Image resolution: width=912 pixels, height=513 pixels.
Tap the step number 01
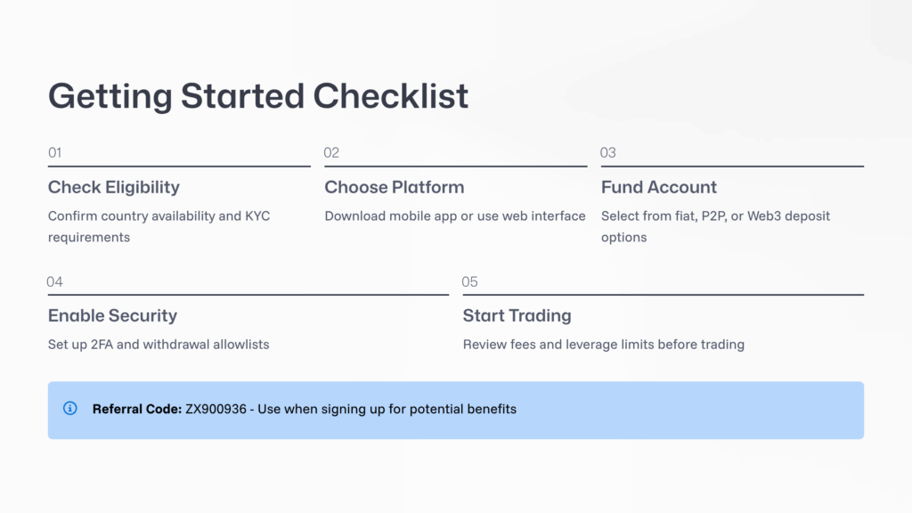tap(55, 153)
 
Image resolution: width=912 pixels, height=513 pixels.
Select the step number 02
tap(331, 153)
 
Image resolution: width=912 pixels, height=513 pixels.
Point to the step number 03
tap(608, 153)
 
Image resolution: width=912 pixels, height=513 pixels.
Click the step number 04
tap(55, 282)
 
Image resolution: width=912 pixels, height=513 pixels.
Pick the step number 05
tap(470, 282)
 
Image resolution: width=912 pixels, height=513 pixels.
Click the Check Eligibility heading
tap(114, 187)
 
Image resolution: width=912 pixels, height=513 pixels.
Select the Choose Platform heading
tap(395, 187)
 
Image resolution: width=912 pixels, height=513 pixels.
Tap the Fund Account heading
tap(659, 187)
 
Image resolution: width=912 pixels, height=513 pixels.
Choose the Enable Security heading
tap(112, 316)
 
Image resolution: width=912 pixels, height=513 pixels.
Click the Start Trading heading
tap(517, 316)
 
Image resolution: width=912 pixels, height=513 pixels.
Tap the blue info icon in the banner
tap(70, 409)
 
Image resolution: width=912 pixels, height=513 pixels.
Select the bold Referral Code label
tap(136, 410)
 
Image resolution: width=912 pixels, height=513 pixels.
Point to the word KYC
tap(257, 216)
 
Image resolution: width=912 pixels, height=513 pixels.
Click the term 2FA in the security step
tap(102, 345)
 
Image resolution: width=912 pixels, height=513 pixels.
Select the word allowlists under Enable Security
tap(240, 345)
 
